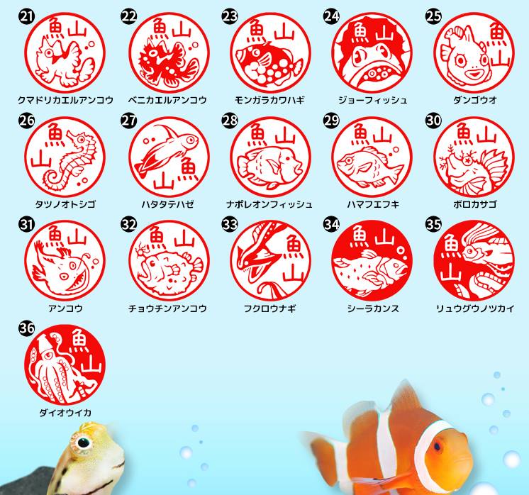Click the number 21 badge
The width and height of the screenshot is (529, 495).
27,16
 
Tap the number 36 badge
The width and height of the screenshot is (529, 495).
27,328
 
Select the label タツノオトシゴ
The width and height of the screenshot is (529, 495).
65,204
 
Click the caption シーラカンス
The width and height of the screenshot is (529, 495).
373,308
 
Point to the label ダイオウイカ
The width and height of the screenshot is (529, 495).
65,412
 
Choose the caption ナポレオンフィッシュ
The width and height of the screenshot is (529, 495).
269,204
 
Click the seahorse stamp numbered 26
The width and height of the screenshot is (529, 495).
65,157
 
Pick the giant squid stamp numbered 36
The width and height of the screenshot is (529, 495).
65,365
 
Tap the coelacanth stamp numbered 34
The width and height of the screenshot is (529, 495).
372,261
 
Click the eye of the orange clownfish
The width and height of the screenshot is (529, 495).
438,446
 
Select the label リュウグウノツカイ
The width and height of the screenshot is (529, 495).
475,308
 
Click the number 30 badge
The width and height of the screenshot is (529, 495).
433,121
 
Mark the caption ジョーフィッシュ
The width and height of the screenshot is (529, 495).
373,100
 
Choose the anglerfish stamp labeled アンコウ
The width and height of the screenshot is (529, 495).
65,261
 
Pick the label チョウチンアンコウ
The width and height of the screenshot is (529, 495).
167,308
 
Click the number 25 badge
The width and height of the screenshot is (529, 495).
433,16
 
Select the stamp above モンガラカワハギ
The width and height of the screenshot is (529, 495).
270,53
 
